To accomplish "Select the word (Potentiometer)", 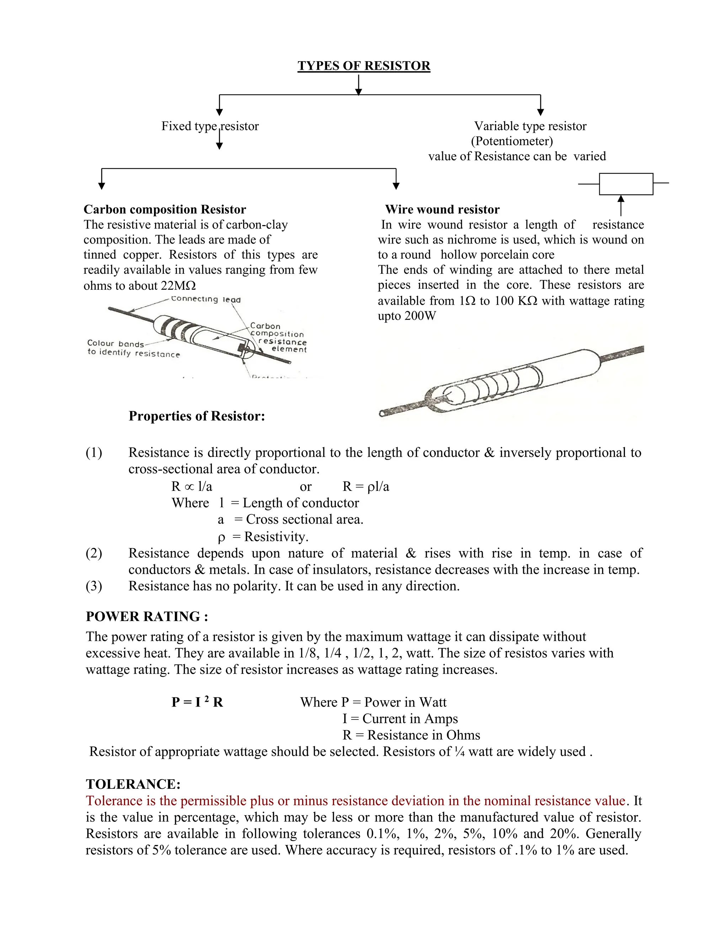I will (x=512, y=141).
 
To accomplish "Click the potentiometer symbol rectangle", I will (x=626, y=184).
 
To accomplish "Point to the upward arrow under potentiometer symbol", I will (x=621, y=205).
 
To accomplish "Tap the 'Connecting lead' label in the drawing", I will (x=206, y=299).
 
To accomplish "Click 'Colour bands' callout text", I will (x=115, y=343).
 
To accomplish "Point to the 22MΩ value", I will (x=178, y=285).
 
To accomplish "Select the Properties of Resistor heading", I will (x=197, y=416).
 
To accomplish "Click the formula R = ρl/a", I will (x=366, y=487).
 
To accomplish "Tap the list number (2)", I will (x=93, y=553).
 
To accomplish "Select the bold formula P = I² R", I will (x=197, y=702).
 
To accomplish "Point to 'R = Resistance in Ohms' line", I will (x=411, y=735).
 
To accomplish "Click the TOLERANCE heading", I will (x=133, y=784).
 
